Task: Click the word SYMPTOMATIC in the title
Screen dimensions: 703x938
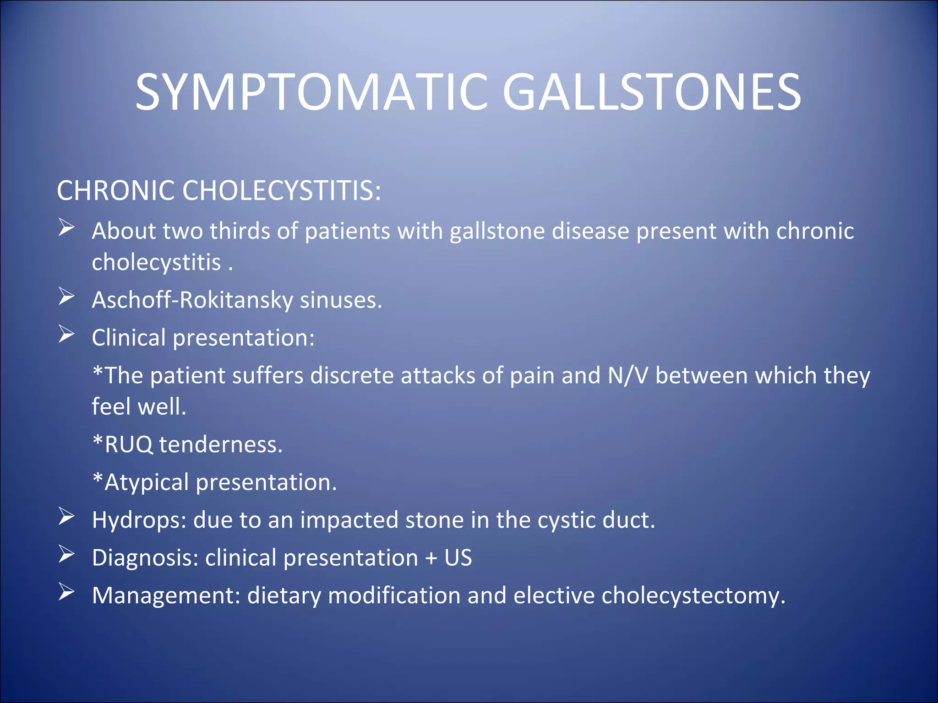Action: click(x=311, y=93)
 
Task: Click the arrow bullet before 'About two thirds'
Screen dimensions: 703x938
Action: click(x=66, y=227)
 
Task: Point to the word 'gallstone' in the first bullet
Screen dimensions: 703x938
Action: click(x=497, y=231)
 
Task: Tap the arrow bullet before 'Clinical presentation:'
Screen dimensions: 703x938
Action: click(x=66, y=335)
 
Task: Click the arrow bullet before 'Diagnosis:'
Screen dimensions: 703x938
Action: click(x=66, y=555)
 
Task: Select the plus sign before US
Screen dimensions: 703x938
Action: click(x=431, y=558)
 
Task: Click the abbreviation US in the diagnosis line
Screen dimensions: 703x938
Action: click(x=458, y=558)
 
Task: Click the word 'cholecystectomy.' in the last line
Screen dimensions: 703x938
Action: click(x=693, y=596)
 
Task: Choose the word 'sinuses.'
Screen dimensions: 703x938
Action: click(x=341, y=300)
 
